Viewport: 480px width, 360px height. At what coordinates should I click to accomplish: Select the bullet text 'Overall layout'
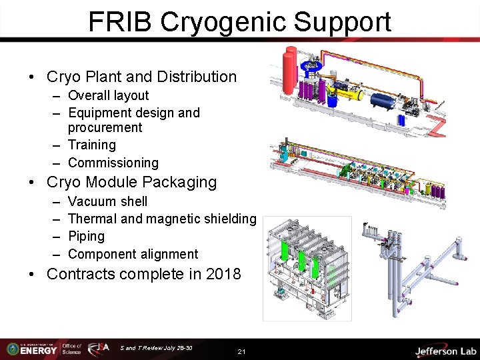108,95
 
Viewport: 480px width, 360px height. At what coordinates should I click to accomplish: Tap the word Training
92,145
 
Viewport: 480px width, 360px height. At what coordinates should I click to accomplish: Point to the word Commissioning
113,163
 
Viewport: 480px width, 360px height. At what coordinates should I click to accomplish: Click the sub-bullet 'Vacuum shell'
107,201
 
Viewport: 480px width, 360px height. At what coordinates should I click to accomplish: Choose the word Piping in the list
86,236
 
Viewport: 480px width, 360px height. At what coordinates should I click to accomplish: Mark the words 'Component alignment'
133,254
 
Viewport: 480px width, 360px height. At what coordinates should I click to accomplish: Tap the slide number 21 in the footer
241,351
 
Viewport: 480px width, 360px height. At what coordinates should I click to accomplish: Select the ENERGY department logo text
38,351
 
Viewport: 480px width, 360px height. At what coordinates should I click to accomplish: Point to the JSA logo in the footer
100,349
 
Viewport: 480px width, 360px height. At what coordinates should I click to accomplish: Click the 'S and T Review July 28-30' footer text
157,347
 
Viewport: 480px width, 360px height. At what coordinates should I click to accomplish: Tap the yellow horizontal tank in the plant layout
349,94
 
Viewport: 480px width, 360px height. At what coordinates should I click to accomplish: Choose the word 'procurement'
105,127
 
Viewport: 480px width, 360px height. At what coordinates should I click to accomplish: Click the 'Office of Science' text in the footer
71,349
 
